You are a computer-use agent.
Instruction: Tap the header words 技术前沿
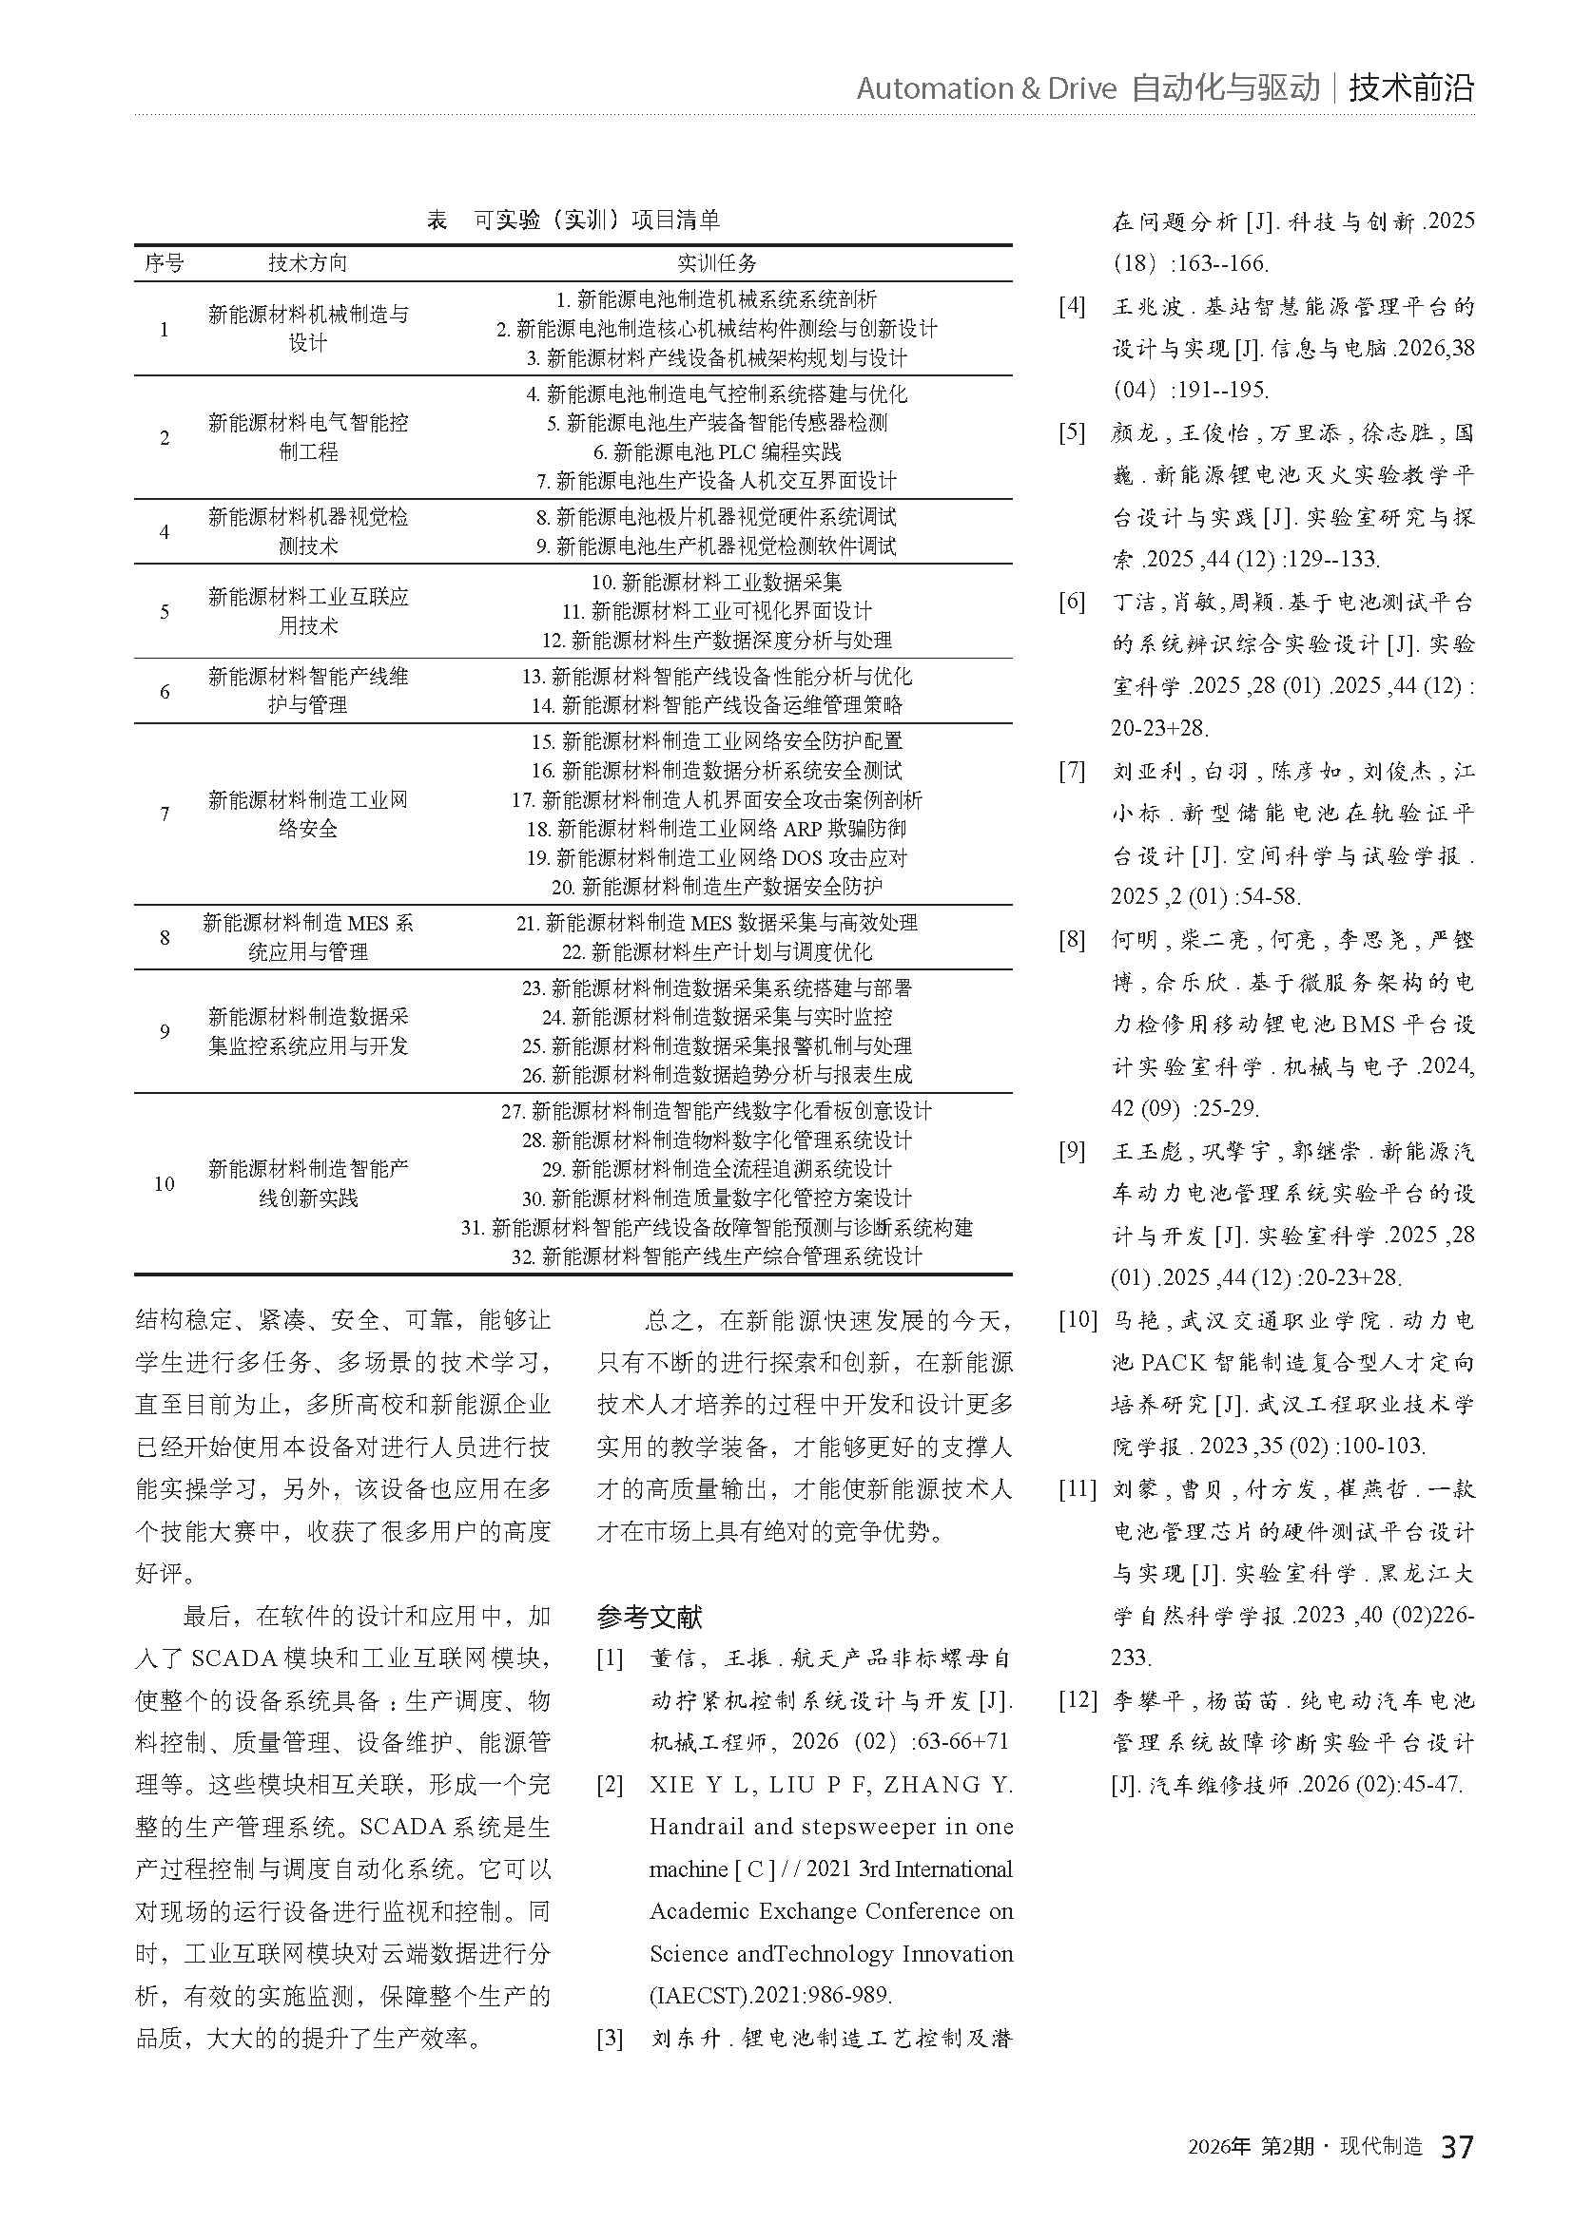(1411, 88)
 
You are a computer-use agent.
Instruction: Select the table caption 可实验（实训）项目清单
(596, 220)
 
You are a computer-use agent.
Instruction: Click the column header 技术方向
(307, 263)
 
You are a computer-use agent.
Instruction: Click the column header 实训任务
(717, 263)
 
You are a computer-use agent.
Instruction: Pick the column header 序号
(164, 263)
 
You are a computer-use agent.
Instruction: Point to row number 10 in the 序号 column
(164, 1183)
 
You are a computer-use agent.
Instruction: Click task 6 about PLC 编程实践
(717, 452)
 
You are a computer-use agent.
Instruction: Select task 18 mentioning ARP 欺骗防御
(717, 829)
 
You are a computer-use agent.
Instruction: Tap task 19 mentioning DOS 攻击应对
(717, 858)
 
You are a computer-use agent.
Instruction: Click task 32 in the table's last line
(717, 1256)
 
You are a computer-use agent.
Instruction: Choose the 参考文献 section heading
(649, 1617)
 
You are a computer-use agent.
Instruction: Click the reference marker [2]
(610, 1785)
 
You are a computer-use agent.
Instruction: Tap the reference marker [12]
(1078, 1700)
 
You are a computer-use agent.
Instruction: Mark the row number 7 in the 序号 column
(164, 814)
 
